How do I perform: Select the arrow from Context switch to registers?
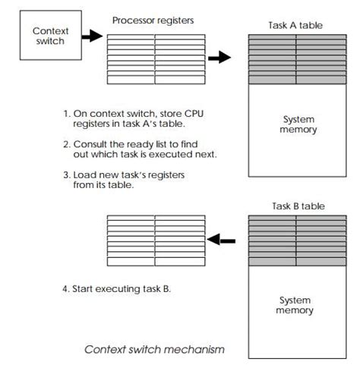91,36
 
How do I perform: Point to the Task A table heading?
295,24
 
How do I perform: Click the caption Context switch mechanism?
154,350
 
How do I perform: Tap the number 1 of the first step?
66,114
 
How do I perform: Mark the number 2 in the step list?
66,143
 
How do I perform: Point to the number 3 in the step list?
66,174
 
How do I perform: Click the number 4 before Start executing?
66,289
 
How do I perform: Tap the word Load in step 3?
84,174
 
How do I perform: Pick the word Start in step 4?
84,289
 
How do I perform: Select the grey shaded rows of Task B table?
295,240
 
